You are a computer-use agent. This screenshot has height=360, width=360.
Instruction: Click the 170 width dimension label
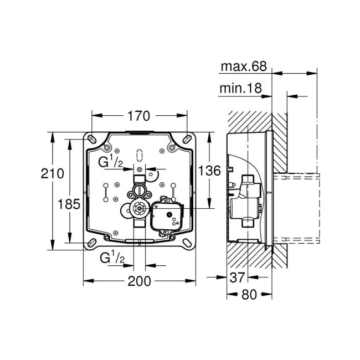tap(138, 116)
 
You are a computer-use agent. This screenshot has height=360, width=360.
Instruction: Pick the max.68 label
tap(244, 67)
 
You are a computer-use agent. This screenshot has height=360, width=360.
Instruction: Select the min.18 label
tap(241, 88)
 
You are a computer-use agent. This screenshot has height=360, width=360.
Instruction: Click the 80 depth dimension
tap(249, 294)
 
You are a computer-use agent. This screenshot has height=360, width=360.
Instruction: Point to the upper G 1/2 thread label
tap(111, 162)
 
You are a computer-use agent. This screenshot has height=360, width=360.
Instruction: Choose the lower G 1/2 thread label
tap(111, 258)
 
